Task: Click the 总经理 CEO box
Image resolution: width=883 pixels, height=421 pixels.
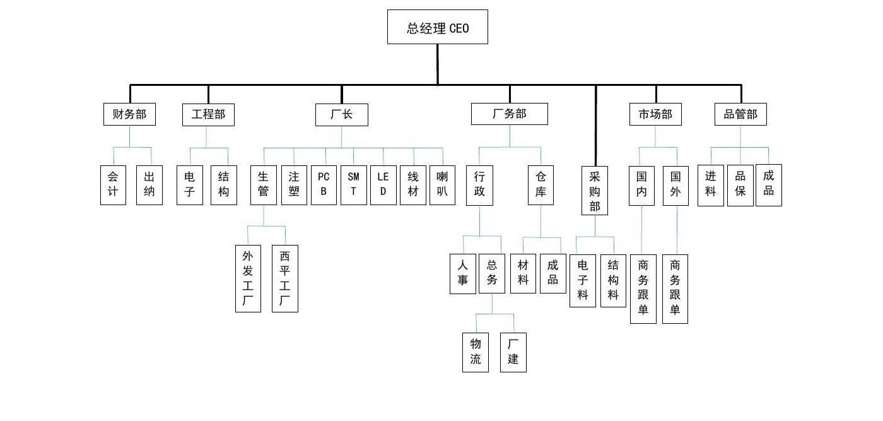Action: [x=437, y=27]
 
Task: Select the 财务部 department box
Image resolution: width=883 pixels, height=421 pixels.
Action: [x=129, y=115]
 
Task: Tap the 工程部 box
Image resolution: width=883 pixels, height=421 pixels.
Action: [x=208, y=115]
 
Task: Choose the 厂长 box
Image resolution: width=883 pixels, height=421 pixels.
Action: [x=342, y=115]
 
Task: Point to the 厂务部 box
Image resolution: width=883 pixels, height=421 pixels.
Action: [x=509, y=114]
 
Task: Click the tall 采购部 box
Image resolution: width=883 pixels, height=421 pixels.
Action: [x=595, y=191]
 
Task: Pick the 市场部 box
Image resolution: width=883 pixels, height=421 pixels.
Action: [x=655, y=115]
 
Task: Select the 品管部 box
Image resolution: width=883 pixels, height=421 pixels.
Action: [x=740, y=115]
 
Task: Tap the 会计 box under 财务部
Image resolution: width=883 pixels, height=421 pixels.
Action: [x=113, y=185]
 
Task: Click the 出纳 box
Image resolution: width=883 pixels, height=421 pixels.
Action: [x=149, y=185]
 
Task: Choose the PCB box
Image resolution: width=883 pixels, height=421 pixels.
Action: [x=324, y=185]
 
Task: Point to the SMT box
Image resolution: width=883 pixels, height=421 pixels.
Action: [x=353, y=185]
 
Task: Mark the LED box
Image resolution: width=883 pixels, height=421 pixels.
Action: [x=383, y=185]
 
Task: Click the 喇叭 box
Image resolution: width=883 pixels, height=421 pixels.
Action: [x=442, y=185]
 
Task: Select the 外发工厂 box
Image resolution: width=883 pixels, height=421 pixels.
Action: [x=248, y=278]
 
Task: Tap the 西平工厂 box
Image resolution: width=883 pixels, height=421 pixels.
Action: [x=284, y=278]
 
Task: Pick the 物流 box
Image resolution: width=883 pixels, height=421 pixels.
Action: [x=476, y=352]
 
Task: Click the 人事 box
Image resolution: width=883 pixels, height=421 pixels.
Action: [x=462, y=273]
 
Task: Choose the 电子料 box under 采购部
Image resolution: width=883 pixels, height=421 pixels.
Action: [x=583, y=280]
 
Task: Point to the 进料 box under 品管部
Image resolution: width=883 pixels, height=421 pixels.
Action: [x=710, y=185]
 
